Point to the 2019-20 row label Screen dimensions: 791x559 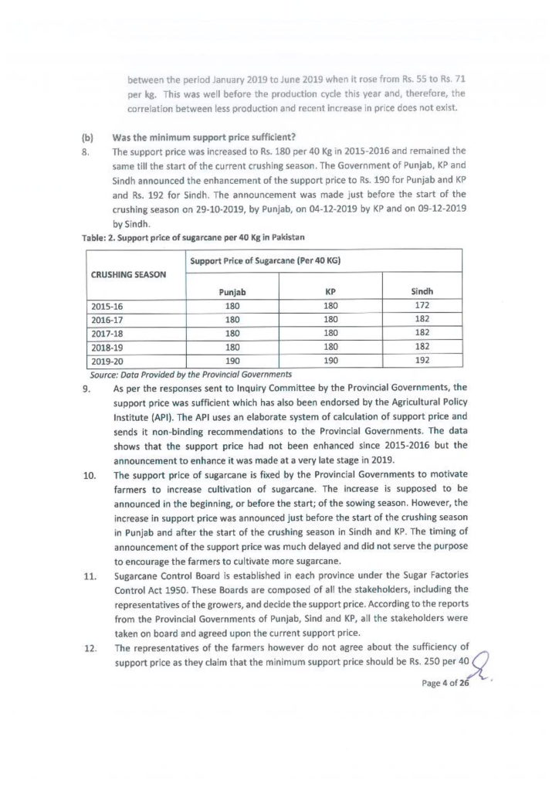[107, 360]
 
